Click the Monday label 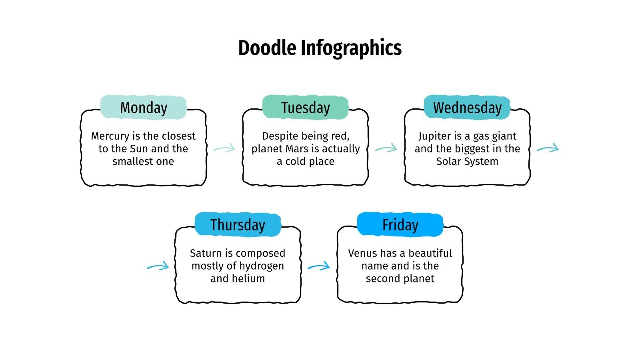tap(144, 108)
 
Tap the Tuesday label tap(306, 108)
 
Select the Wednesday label tap(467, 108)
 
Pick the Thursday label tap(238, 225)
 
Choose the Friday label tap(400, 225)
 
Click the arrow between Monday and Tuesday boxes tap(224, 149)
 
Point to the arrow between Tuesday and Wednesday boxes tap(386, 148)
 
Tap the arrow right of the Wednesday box tap(548, 148)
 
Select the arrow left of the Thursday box tap(158, 266)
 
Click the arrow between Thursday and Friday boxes tap(319, 266)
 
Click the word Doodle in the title tap(267, 48)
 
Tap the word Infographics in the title tap(351, 48)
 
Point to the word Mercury tap(110, 136)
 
